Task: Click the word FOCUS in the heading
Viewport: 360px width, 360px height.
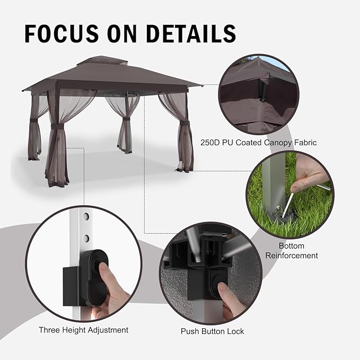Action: click(62, 33)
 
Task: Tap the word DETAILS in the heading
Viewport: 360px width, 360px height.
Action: click(191, 33)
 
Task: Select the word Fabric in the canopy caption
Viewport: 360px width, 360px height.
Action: click(305, 143)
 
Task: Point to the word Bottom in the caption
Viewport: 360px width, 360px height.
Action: click(292, 246)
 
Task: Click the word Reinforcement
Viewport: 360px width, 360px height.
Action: click(292, 256)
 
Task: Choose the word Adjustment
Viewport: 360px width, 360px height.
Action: click(108, 330)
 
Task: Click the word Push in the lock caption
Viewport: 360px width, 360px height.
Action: click(189, 331)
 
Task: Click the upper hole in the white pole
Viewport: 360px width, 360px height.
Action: click(86, 216)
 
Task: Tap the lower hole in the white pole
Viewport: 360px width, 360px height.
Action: click(86, 238)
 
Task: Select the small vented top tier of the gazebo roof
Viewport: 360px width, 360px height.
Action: click(102, 62)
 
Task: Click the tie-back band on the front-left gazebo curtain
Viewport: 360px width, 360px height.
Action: click(58, 127)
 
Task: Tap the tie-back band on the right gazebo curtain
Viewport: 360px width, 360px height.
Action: click(185, 124)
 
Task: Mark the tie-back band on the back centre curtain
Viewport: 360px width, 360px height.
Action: click(125, 119)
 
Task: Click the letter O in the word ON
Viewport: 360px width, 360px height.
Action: click(117, 33)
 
